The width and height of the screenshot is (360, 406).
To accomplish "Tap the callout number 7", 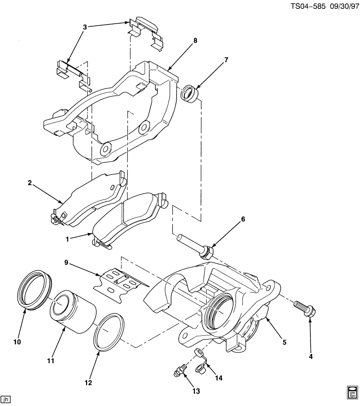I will (226, 60).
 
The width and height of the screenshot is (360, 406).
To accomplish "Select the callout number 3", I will (85, 27).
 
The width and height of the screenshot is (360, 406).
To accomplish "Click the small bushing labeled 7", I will (189, 93).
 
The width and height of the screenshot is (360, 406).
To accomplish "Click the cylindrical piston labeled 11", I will (71, 312).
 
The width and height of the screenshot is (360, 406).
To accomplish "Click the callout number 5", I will (284, 342).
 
